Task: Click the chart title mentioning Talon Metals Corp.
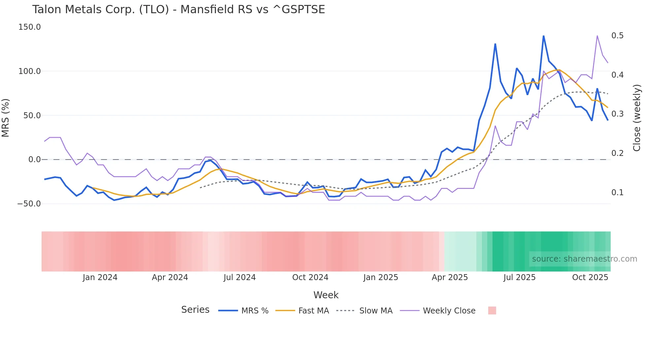point(178,10)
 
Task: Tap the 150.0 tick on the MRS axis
point(29,27)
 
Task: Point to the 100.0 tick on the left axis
point(29,71)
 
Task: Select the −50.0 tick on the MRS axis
point(29,204)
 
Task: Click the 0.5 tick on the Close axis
point(617,36)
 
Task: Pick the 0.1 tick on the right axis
point(617,193)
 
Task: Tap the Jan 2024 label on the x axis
point(100,277)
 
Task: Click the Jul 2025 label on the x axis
point(519,277)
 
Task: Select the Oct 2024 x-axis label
point(310,277)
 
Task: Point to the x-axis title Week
point(326,295)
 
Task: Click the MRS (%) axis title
point(6,118)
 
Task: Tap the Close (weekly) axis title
point(637,118)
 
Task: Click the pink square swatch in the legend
point(492,310)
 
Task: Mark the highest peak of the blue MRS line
point(543,36)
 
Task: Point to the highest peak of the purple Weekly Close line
point(597,36)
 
